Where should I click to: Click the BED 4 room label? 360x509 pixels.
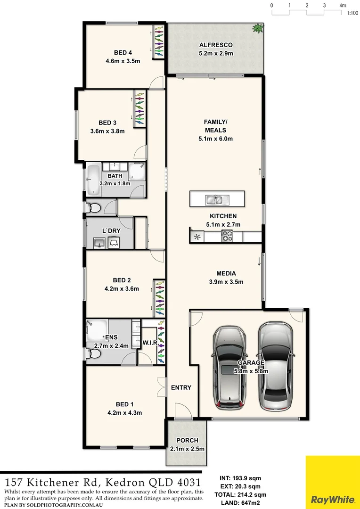pyautogui.click(x=123, y=52)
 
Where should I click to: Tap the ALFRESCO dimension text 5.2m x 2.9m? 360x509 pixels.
pyautogui.click(x=216, y=53)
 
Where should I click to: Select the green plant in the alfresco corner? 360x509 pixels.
pyautogui.click(x=257, y=28)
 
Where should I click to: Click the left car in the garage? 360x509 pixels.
pyautogui.click(x=229, y=367)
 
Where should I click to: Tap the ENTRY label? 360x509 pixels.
pyautogui.click(x=181, y=387)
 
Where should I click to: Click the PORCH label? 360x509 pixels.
pyautogui.click(x=188, y=440)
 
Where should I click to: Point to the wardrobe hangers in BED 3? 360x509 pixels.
pyautogui.click(x=139, y=109)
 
